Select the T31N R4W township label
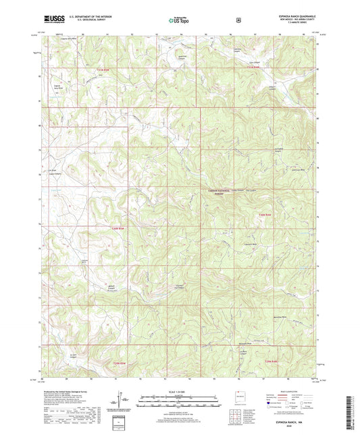(x=253, y=68)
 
